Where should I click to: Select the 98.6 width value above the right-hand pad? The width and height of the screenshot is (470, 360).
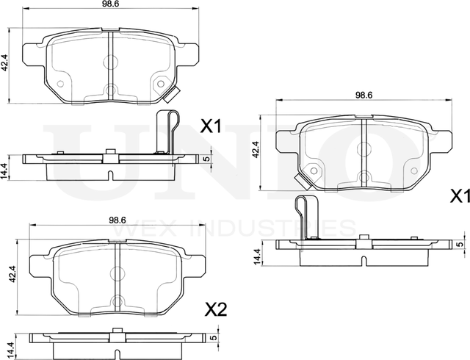[x=364, y=95]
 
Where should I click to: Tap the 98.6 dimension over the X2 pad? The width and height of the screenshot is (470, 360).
[x=118, y=220]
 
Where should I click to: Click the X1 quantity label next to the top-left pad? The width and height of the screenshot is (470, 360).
[x=211, y=127]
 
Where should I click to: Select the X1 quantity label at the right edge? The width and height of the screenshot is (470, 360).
[x=459, y=196]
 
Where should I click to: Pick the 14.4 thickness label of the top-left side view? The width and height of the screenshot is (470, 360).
[x=5, y=171]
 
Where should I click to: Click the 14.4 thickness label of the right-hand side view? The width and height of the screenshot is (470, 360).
[x=256, y=257]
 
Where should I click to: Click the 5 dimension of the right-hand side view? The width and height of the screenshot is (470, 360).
[x=460, y=244]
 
